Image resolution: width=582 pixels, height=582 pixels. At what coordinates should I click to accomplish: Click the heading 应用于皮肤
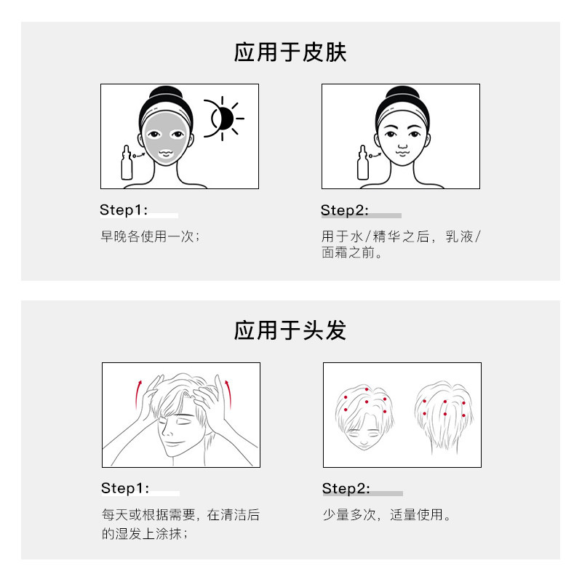coord(290,53)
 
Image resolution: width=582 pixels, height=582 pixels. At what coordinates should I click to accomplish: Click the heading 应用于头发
coord(290,330)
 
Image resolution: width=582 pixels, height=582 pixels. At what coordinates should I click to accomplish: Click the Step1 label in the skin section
coord(124,210)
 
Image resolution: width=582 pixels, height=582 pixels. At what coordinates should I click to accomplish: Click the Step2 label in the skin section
coord(345,210)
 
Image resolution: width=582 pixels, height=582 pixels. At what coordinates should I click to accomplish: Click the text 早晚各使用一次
coord(150,236)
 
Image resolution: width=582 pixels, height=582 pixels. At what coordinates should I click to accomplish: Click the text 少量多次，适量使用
coord(387,515)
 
